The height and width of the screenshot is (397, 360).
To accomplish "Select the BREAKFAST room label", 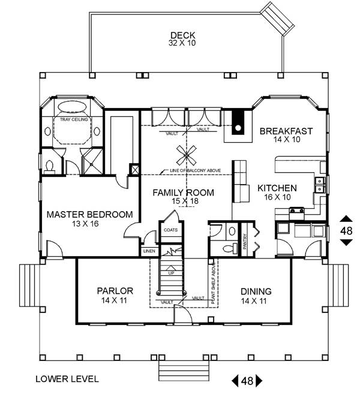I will [x=286, y=131].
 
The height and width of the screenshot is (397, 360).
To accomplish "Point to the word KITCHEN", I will [x=278, y=188].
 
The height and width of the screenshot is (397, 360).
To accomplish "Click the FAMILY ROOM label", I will [x=184, y=193].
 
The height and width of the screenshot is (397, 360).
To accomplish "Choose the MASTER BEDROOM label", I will [x=90, y=215].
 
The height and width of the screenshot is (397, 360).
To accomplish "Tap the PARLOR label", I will [x=115, y=291].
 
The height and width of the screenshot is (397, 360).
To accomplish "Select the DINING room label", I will [x=256, y=291].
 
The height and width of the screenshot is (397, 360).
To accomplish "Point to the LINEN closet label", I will [x=148, y=251].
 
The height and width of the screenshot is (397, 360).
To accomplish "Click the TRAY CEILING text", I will [x=73, y=120].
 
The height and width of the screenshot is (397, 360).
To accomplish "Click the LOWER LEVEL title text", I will [x=64, y=379].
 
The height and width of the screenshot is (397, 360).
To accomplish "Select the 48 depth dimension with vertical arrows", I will [x=346, y=230].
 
